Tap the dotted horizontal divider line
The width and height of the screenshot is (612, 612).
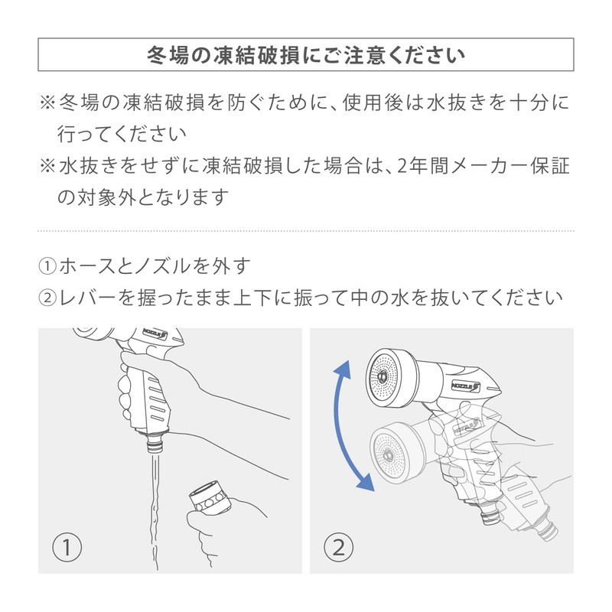pos(306,230)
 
